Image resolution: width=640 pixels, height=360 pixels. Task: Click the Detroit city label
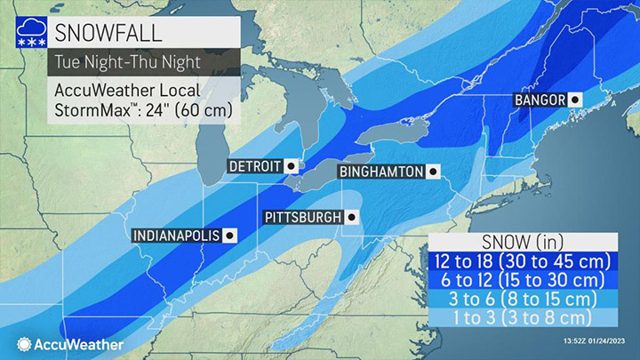coord(254,166)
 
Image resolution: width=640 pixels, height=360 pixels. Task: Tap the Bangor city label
coord(540,100)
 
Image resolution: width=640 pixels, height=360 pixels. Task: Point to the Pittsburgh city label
coord(302,217)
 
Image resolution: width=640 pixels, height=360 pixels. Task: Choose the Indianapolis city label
coord(176,236)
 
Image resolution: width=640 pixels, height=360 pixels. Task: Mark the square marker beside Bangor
coord(574,100)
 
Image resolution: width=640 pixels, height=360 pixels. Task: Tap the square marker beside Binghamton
coord(432,172)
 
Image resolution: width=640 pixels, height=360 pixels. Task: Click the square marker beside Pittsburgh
coord(352,217)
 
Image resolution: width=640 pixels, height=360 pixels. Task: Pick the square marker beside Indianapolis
coord(230,236)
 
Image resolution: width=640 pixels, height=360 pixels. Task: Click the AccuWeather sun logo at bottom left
coord(20,342)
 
